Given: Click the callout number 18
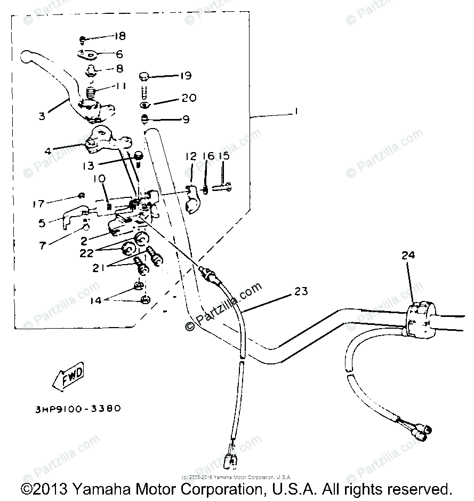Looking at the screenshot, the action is point(119,36).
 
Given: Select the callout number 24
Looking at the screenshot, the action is point(408,256).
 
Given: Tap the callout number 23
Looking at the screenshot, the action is point(301,291).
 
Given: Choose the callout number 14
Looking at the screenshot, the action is point(95,300).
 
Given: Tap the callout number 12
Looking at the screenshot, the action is point(191,156).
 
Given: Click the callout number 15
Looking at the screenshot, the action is point(223,156).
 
